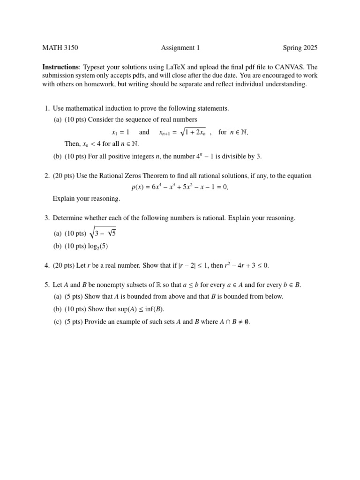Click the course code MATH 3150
point(60,48)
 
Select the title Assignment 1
point(180,48)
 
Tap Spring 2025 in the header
point(300,48)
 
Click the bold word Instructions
point(60,67)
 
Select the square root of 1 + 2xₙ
point(193,132)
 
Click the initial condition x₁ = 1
point(120,133)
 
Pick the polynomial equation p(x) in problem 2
point(180,187)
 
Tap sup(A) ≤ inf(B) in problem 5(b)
point(140,309)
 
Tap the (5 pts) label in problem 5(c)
point(74,322)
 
